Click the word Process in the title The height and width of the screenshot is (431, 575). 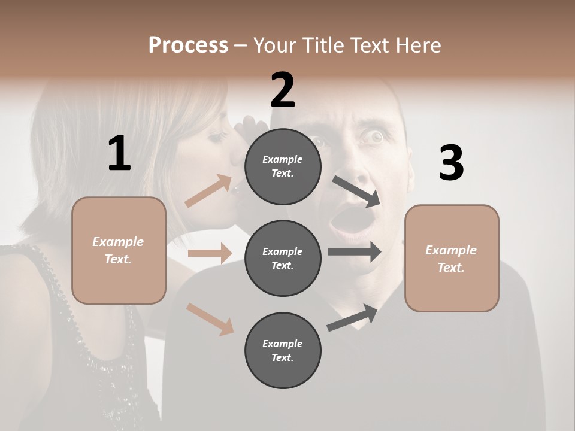(x=188, y=45)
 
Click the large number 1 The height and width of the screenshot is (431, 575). (x=119, y=154)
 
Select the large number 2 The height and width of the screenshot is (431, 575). (x=283, y=90)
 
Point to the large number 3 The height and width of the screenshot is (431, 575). (x=451, y=163)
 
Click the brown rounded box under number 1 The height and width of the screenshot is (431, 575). (x=119, y=250)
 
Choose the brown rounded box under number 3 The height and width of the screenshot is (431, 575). (x=452, y=259)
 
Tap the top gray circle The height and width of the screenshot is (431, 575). (x=283, y=166)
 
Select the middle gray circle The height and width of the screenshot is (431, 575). (x=283, y=258)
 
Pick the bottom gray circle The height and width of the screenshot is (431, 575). (x=283, y=350)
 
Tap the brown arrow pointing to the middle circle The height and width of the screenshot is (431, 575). (x=210, y=253)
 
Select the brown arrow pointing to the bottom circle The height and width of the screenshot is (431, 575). (x=210, y=318)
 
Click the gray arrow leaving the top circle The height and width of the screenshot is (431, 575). (x=356, y=191)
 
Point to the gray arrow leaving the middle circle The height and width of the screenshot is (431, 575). (x=355, y=251)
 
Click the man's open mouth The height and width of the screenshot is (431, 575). (x=343, y=223)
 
